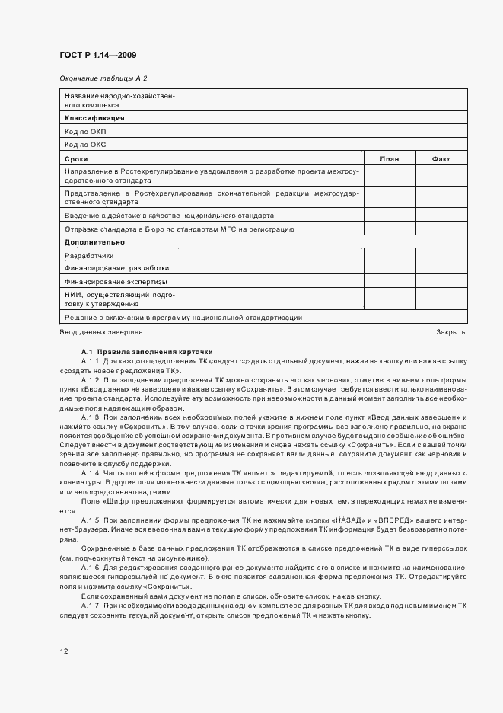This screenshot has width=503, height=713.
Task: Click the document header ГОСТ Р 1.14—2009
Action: (x=98, y=55)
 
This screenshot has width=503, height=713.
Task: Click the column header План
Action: (x=389, y=158)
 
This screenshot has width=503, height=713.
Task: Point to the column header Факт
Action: (x=441, y=158)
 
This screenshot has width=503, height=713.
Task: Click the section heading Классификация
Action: (x=94, y=119)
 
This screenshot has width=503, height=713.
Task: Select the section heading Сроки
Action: (x=76, y=158)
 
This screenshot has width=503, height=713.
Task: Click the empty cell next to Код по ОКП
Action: (x=323, y=131)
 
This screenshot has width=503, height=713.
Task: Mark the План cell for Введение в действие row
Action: (x=389, y=216)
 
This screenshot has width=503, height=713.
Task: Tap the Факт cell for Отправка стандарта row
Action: (x=441, y=229)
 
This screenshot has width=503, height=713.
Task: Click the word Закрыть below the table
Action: (x=450, y=331)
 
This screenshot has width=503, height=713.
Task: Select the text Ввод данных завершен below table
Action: (x=100, y=331)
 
